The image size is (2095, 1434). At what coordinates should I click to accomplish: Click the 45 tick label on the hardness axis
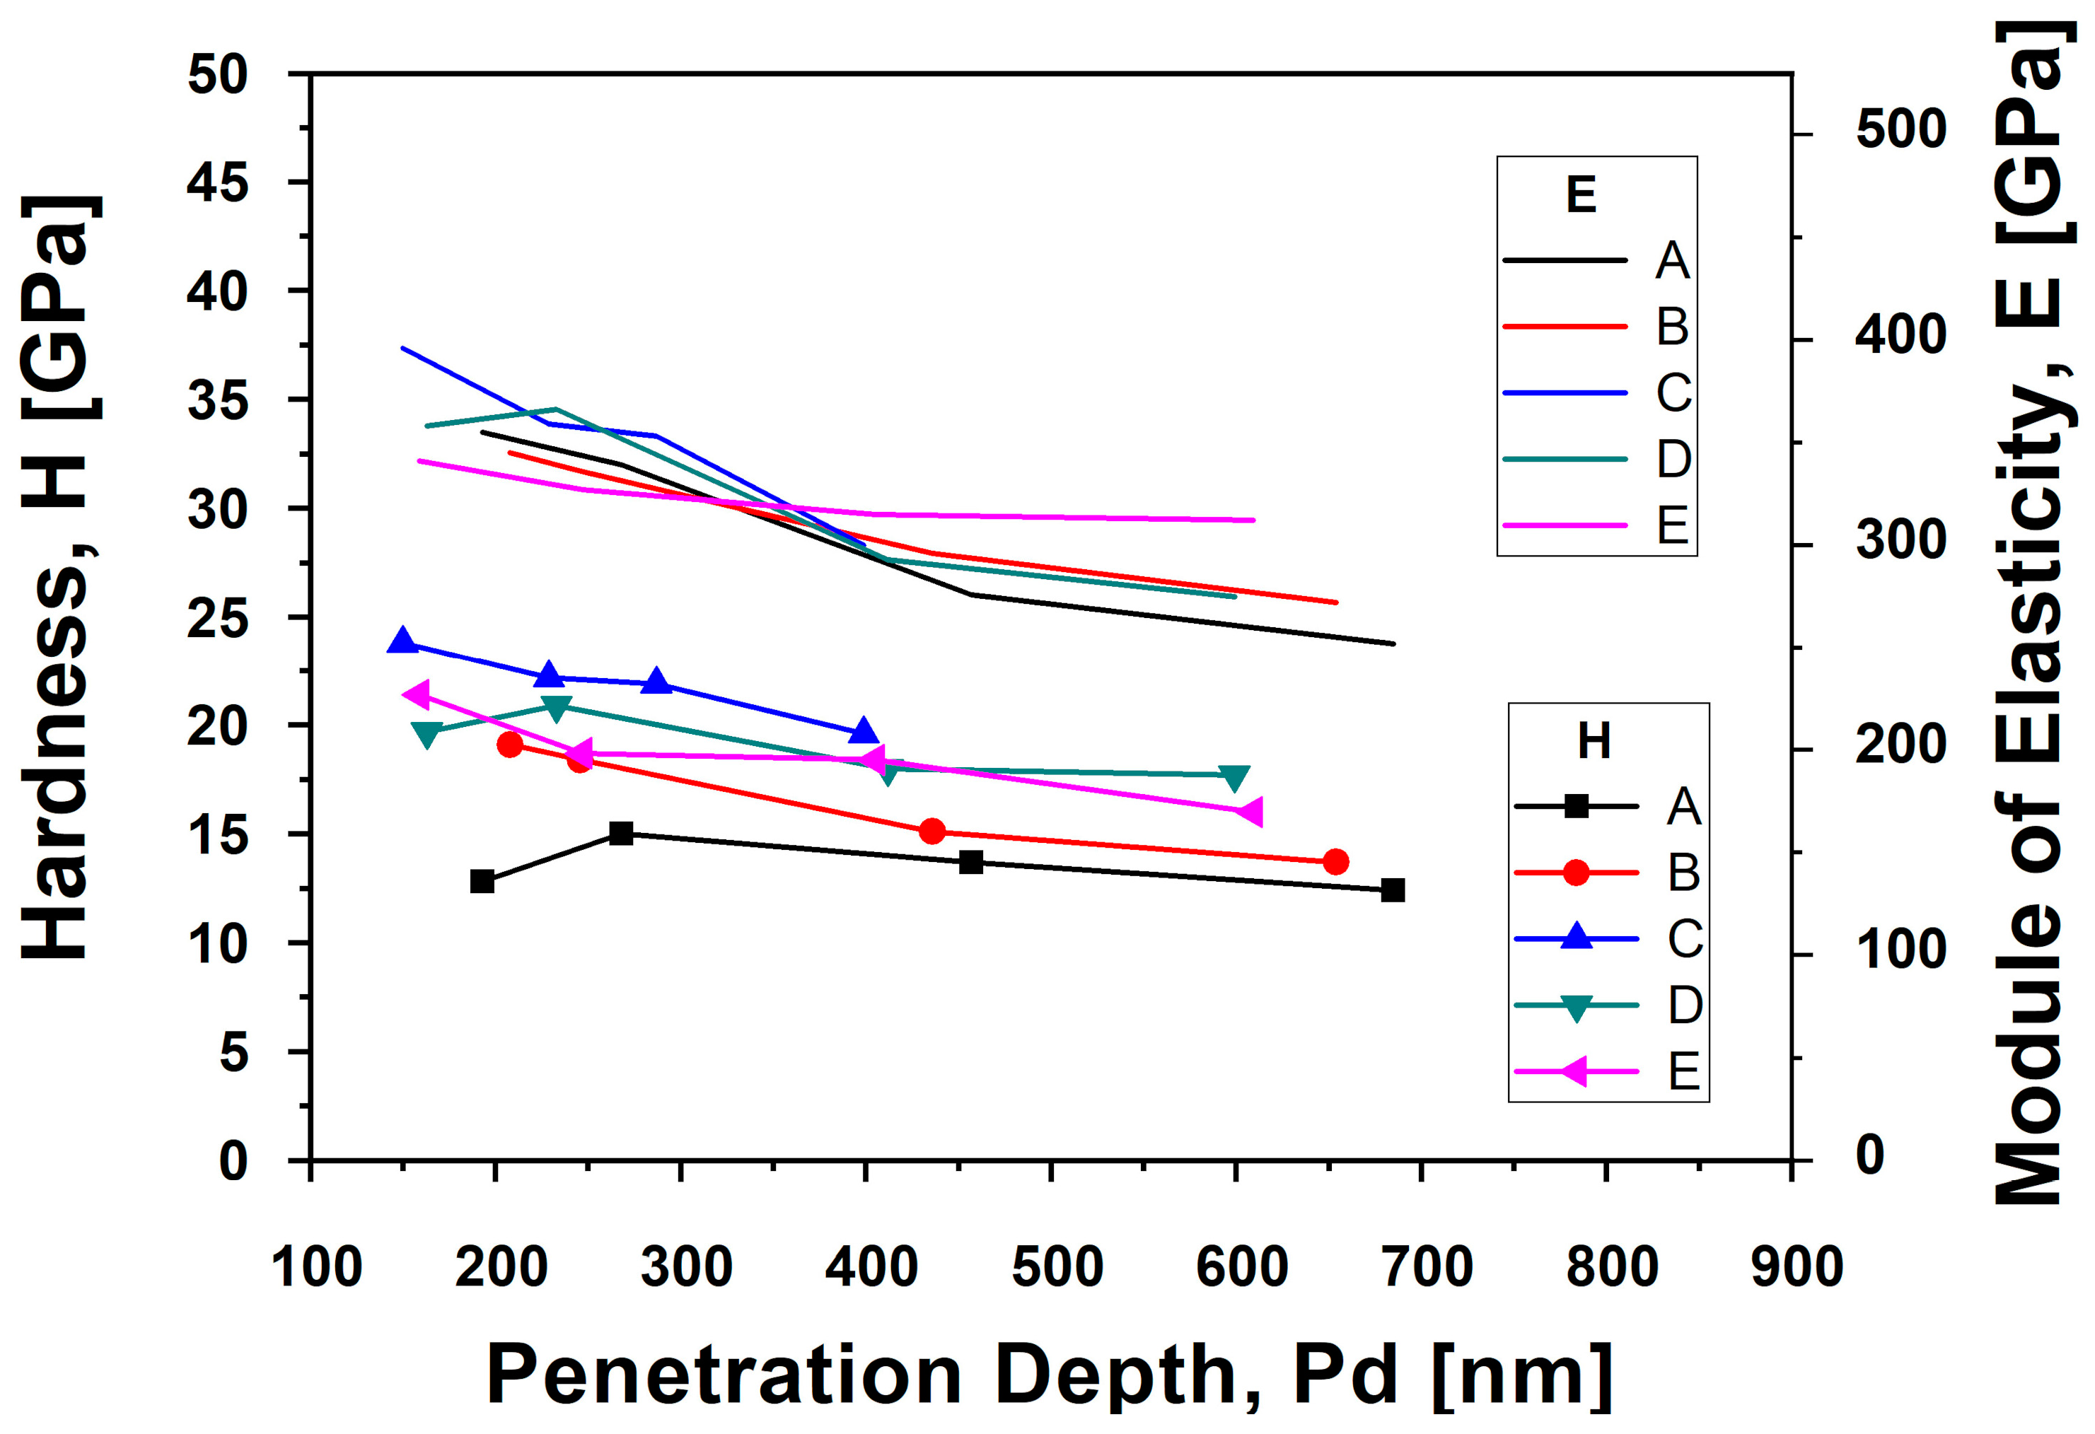(x=216, y=183)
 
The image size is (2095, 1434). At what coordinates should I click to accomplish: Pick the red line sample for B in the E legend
(x=1565, y=326)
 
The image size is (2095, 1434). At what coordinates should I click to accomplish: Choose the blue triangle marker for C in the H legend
(x=1576, y=938)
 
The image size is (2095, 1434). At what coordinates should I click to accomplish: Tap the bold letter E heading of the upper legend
(x=1582, y=194)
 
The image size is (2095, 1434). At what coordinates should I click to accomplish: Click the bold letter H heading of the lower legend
(x=1594, y=741)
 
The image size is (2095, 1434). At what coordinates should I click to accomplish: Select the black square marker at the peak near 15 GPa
(x=621, y=833)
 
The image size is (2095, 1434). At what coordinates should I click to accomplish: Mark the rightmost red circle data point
(x=1336, y=862)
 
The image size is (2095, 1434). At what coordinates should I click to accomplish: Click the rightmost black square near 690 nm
(x=1393, y=890)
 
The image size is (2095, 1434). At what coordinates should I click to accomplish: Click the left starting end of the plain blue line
(x=402, y=347)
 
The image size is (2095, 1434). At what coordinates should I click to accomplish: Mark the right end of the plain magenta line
(x=1253, y=520)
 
